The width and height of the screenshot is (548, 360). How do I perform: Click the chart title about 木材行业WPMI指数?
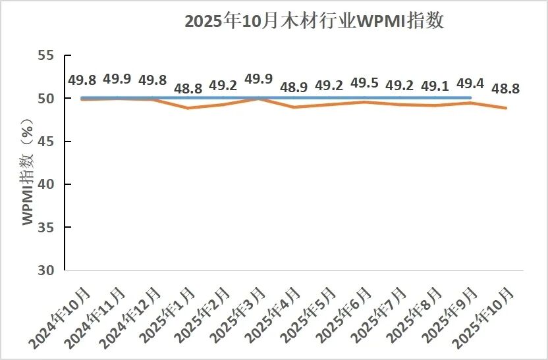315,21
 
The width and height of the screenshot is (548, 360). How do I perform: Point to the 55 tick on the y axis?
45,55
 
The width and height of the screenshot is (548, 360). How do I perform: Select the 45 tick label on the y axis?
45,141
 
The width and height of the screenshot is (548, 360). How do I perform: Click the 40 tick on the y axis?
45,184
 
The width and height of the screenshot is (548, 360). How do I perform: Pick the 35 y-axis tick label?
45,227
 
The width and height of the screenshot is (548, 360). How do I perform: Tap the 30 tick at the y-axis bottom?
45,270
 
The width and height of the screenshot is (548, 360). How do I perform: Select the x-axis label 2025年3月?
240,315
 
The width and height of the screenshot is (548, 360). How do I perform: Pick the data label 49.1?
435,86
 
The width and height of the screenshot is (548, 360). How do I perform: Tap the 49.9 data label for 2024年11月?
117,80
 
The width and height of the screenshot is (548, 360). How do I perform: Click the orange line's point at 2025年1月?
188,107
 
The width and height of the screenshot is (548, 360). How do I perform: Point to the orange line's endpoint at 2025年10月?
506,107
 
